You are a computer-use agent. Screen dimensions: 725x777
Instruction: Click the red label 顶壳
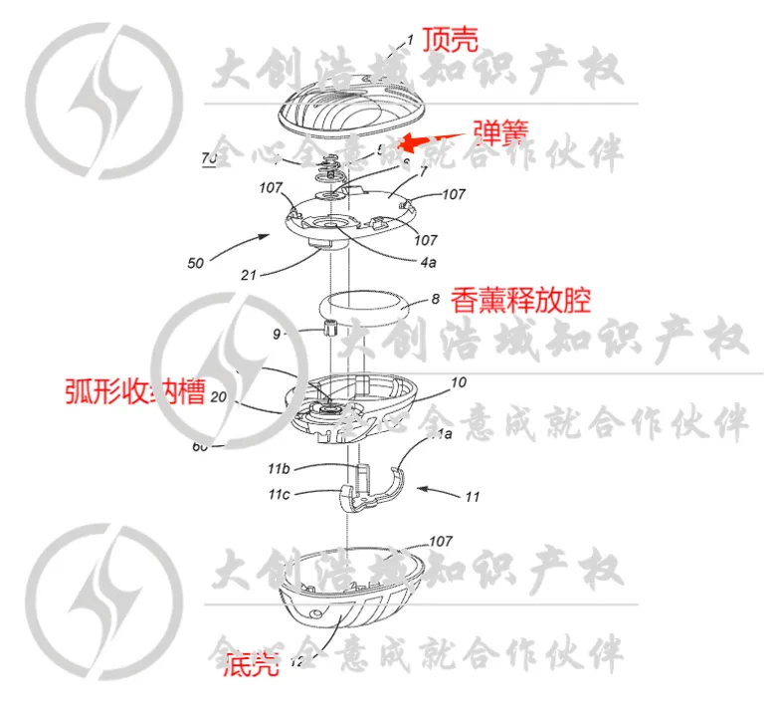click(450, 39)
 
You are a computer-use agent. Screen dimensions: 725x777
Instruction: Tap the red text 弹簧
click(500, 131)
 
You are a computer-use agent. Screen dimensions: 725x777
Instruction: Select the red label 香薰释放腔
click(520, 299)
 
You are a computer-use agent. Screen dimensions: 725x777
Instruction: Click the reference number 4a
click(427, 262)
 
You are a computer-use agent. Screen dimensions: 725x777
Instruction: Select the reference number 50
click(195, 264)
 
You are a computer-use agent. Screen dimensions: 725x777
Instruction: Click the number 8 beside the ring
click(434, 298)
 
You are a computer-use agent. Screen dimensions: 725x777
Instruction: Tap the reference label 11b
click(279, 467)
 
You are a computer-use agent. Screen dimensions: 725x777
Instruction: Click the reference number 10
click(458, 381)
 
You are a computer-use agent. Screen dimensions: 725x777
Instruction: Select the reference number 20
click(220, 396)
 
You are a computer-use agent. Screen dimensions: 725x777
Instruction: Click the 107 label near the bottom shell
click(440, 542)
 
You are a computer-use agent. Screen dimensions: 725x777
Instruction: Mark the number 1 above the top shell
click(408, 43)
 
